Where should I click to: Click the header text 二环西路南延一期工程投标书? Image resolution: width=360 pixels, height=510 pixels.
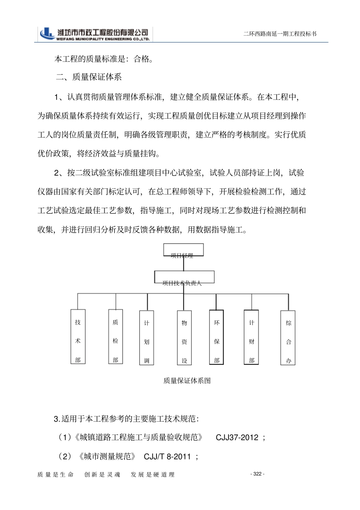point(280,34)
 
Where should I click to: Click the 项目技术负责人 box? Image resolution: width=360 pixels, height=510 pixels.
point(184,277)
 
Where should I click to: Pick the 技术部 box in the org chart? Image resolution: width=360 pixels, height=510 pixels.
point(78,337)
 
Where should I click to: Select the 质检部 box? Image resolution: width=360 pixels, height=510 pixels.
point(116,337)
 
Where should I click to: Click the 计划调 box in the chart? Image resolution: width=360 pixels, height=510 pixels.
point(147,338)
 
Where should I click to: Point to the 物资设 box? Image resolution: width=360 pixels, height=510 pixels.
point(184,338)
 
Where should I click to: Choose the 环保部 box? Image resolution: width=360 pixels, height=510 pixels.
point(216,337)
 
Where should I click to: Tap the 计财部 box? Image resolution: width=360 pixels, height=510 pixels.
point(252,337)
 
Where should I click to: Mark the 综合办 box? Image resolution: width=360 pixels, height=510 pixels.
point(288,338)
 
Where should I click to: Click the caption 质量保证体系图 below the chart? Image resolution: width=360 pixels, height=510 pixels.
point(187,381)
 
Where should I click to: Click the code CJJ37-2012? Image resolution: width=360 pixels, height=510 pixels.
point(237,438)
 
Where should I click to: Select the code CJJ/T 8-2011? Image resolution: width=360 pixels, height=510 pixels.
point(167,456)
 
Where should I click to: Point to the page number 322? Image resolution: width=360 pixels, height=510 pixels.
point(258,474)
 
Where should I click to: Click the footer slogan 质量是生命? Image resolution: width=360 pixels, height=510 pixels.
point(55,475)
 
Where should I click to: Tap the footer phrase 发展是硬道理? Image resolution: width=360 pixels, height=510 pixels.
point(152,475)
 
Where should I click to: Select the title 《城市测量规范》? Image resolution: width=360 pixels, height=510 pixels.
point(107,456)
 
